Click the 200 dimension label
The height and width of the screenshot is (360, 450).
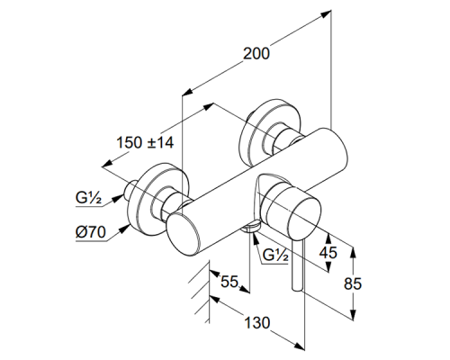click(x=256, y=54)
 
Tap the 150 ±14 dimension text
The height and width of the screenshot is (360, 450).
click(x=145, y=142)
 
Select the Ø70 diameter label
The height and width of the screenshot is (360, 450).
click(x=91, y=232)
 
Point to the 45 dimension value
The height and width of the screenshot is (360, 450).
click(x=328, y=253)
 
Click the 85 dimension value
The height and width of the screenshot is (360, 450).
click(x=353, y=283)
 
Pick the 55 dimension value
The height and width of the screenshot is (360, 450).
click(x=229, y=282)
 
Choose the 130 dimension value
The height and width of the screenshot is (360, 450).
click(x=257, y=323)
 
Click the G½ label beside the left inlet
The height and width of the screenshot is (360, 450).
click(x=88, y=198)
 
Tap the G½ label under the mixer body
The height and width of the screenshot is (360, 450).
click(x=275, y=256)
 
